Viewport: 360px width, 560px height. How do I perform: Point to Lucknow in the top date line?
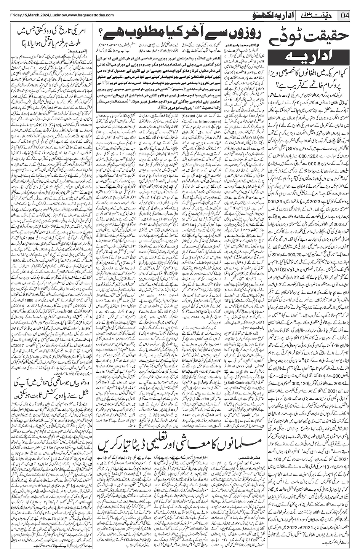pyautogui.click(x=58, y=15)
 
